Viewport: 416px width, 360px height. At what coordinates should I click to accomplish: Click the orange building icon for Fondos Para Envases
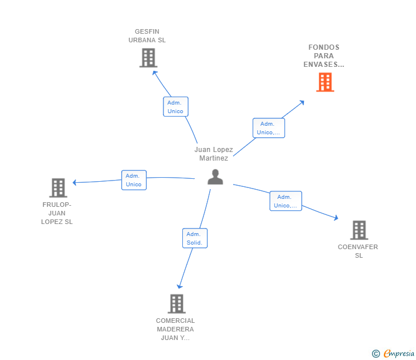325,82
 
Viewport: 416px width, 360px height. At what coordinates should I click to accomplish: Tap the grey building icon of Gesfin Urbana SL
148,58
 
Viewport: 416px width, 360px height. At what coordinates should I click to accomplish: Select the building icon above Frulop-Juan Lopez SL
58,187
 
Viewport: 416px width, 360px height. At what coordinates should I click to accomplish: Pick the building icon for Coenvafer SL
359,230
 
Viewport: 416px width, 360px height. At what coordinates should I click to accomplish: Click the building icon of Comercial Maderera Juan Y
177,303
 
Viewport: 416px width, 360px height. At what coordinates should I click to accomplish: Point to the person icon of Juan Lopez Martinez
215,177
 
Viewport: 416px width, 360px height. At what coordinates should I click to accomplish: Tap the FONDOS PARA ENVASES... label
324,56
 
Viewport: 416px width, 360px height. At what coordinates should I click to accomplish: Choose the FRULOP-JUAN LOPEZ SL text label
57,213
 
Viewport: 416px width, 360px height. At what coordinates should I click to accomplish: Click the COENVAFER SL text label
358,251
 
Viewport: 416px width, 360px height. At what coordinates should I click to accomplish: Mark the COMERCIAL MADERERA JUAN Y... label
175,329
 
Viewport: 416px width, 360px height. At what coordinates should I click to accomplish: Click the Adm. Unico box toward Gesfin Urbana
175,107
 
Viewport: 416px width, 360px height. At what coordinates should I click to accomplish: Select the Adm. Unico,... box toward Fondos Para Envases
269,128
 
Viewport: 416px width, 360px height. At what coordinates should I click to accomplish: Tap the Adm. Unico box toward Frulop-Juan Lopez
134,180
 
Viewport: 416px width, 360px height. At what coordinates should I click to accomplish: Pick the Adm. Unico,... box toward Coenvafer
286,201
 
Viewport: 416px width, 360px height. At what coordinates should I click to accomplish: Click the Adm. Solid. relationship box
194,238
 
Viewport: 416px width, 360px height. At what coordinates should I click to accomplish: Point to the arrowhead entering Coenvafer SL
336,218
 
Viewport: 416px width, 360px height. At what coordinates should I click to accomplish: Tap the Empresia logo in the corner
394,354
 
